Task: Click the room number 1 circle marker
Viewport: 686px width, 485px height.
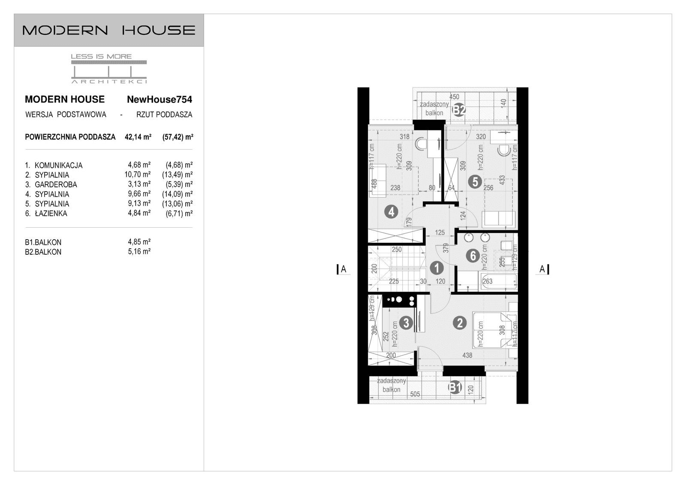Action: tap(436, 268)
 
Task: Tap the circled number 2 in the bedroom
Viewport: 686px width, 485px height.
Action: tap(460, 322)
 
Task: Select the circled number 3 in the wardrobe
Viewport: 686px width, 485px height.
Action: tap(406, 322)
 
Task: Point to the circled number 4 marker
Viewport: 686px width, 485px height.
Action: tap(391, 211)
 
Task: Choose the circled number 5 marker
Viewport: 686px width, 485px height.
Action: tap(475, 182)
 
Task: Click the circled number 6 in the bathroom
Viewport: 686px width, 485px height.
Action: tap(472, 256)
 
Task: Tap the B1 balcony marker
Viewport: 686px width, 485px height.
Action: tap(455, 388)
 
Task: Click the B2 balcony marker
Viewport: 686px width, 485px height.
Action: tap(459, 110)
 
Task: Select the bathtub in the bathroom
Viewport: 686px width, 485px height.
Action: tap(499, 281)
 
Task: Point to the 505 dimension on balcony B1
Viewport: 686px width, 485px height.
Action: tap(415, 394)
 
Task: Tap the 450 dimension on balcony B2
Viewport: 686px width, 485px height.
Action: tap(454, 97)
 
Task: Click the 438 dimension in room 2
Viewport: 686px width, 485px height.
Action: tap(467, 355)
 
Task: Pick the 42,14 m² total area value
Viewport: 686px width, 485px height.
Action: tap(138, 137)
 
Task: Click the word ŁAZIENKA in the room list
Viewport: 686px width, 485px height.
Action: tap(51, 214)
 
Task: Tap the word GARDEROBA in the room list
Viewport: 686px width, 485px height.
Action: tap(56, 184)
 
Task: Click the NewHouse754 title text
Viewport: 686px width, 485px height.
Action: tap(159, 99)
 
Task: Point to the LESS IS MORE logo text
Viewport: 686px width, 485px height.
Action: tap(101, 56)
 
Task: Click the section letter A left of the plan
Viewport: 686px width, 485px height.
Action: tap(343, 269)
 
